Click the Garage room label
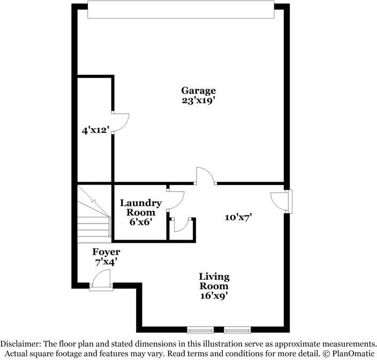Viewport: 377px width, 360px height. click(198, 90)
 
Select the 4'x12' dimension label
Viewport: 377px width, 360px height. click(92, 129)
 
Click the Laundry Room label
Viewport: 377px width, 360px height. click(141, 208)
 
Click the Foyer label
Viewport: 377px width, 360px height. click(106, 252)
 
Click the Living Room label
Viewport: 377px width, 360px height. click(214, 281)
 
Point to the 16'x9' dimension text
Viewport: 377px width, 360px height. click(214, 295)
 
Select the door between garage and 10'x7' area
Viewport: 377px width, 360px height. click(205, 176)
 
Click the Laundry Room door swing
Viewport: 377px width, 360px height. click(175, 198)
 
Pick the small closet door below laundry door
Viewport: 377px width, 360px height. click(180, 225)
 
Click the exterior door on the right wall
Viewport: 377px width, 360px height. click(282, 201)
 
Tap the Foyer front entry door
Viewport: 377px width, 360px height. click(101, 280)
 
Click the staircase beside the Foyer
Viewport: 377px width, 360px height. click(93, 213)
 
